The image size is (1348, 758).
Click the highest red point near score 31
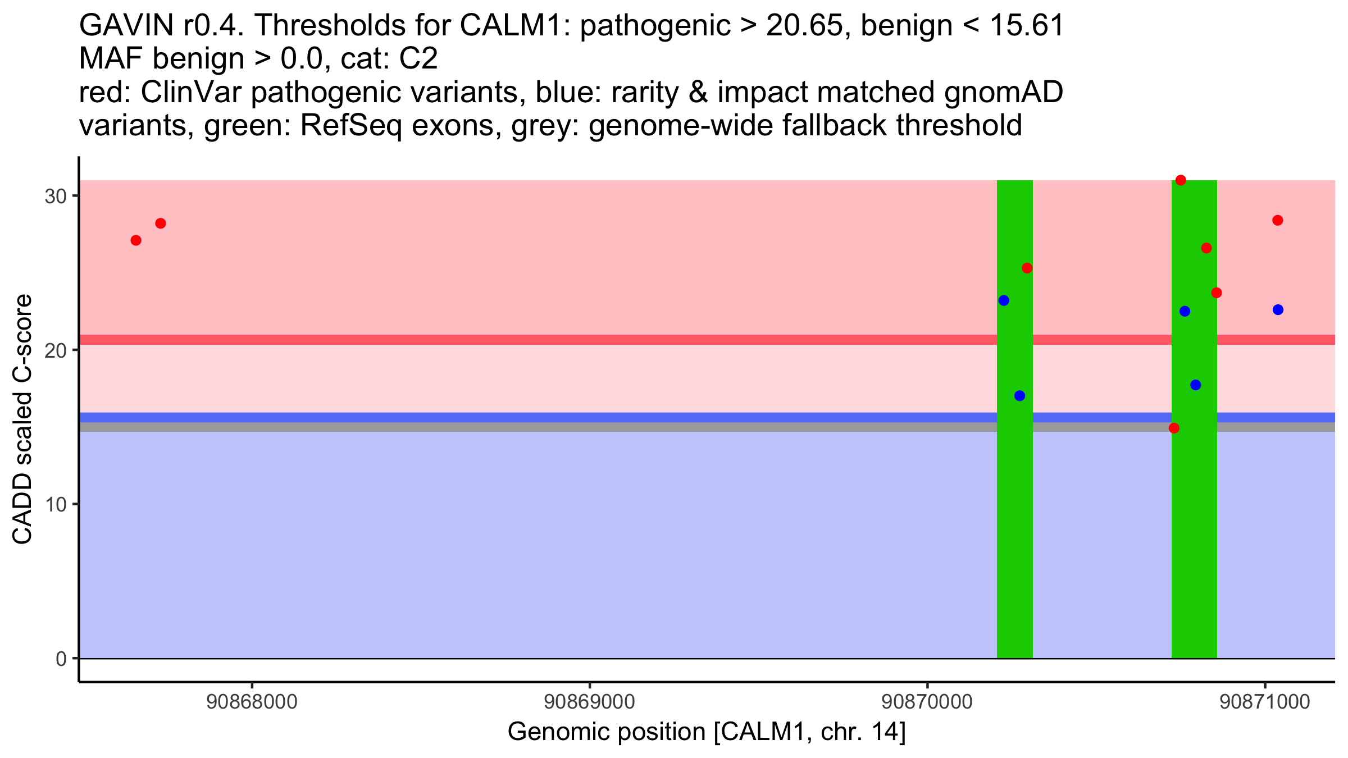coord(1181,180)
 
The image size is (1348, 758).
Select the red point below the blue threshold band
coord(1174,428)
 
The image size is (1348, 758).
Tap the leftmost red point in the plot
coord(136,240)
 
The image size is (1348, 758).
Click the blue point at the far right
coord(1278,310)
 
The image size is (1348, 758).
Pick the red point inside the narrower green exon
coord(1027,268)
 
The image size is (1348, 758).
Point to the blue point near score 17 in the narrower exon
coord(1019,396)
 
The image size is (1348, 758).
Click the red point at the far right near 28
coord(1278,220)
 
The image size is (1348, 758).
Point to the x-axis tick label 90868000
coord(252,702)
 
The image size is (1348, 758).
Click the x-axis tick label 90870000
coord(927,702)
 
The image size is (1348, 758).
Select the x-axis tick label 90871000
coord(1264,702)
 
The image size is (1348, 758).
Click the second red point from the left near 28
coord(161,223)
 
